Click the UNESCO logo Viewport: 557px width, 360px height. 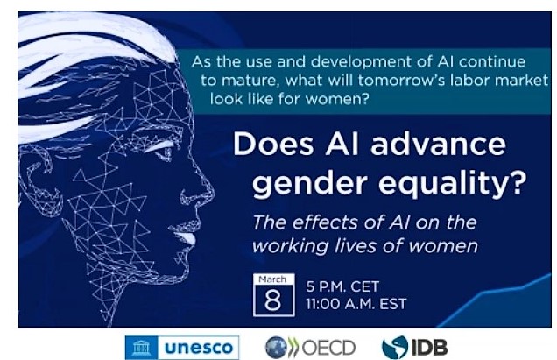(182, 347)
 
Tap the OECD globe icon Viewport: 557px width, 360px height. (276, 347)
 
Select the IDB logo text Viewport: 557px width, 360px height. (429, 347)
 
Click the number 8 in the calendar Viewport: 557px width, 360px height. (273, 300)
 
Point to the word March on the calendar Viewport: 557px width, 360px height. (272, 279)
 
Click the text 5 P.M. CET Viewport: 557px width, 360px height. (342, 286)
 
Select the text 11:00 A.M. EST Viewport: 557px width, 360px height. (356, 304)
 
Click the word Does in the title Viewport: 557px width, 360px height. (273, 144)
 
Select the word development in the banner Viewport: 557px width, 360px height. (362, 62)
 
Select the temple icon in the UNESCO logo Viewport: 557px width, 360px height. (141, 348)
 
